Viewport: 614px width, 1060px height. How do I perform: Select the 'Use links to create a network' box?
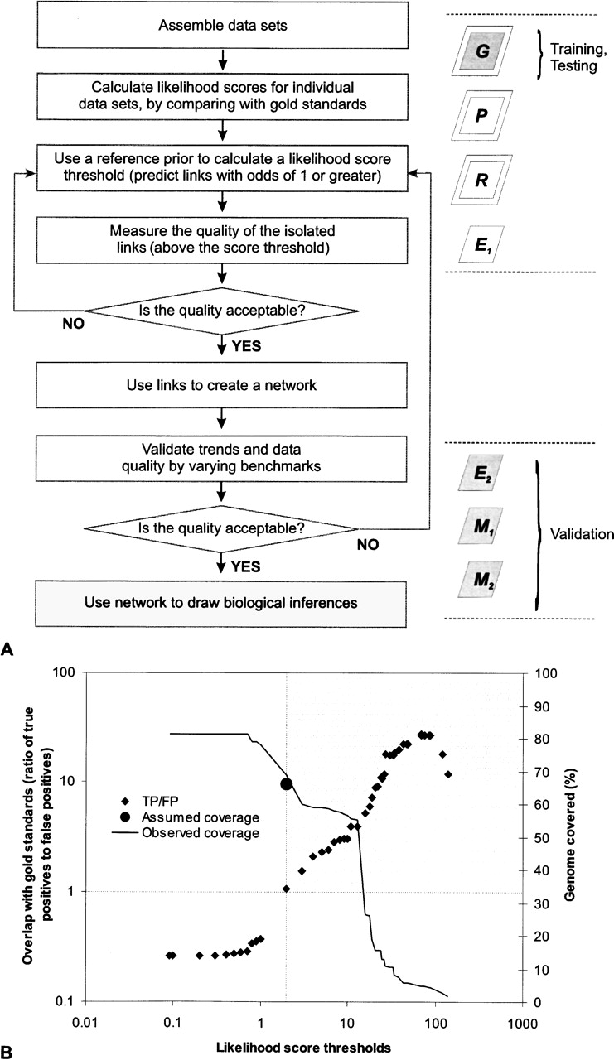point(220,389)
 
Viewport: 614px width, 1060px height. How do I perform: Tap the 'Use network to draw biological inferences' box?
point(220,602)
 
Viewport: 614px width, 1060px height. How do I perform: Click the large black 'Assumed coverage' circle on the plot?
point(287,784)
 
